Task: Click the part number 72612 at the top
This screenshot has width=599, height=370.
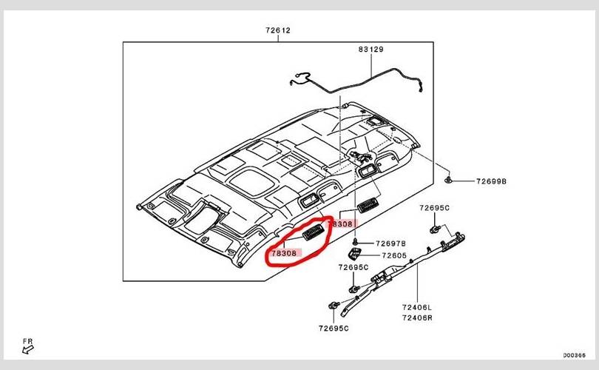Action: coord(278,31)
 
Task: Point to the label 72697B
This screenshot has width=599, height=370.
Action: coord(390,243)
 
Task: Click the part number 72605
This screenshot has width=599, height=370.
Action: coord(394,255)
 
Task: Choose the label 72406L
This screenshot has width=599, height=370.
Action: coord(417,306)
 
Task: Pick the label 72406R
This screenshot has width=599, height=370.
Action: coord(417,317)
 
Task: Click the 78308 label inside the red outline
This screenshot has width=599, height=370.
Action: coord(284,253)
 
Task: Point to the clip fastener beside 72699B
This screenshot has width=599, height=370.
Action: coord(450,180)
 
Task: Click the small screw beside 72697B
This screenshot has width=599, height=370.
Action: coord(356,242)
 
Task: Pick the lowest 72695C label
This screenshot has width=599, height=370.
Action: coord(334,327)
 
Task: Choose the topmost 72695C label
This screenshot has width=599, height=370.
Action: coord(435,208)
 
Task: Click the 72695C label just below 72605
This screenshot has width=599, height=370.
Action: coord(353,267)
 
